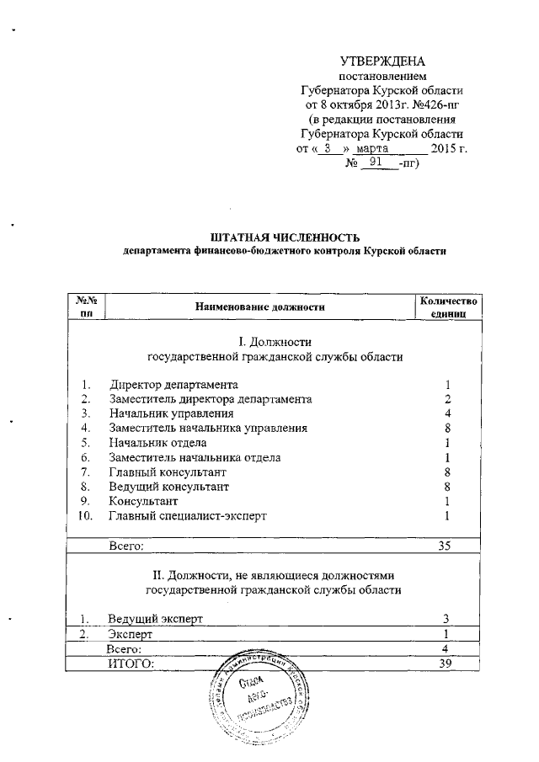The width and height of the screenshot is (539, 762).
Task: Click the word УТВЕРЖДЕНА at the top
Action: click(382, 61)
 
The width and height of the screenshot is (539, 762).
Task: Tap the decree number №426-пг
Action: click(435, 104)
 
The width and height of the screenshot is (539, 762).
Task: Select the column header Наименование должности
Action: click(260, 307)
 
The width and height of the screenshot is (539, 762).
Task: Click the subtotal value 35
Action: click(446, 546)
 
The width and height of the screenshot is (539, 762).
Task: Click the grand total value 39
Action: click(446, 664)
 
